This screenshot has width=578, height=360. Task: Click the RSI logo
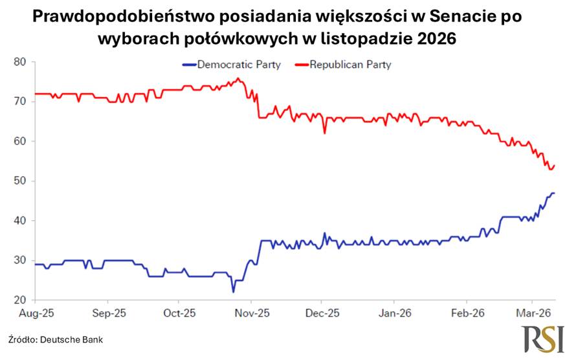tap(544, 339)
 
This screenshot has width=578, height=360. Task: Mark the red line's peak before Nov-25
tap(238, 78)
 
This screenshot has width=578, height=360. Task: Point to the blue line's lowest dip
tap(233, 292)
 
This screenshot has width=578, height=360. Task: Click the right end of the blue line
tap(555, 193)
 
